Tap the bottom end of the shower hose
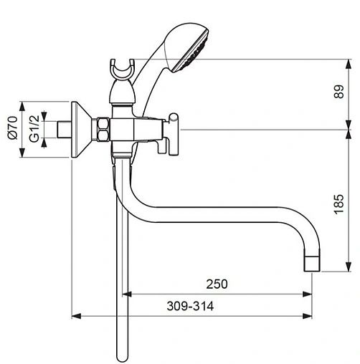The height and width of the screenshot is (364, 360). pos(120,355)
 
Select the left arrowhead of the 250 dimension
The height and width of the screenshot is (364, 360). pos(128,293)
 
